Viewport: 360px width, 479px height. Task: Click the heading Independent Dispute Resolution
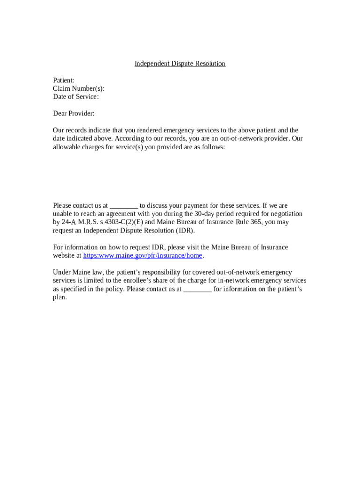point(180,64)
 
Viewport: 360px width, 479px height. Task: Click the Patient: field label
point(64,80)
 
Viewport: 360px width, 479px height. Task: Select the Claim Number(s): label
point(79,89)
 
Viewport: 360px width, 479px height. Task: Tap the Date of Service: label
point(76,97)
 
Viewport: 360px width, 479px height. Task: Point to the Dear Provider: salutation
point(73,114)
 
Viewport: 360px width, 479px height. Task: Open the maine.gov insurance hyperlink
point(143,255)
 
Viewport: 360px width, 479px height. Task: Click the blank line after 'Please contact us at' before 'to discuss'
point(124,206)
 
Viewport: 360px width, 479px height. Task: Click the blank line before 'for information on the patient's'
point(198,290)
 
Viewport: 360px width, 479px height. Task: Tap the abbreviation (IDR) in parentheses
point(185,231)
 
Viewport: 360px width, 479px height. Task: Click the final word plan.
point(60,298)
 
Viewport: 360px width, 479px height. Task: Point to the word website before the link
point(64,255)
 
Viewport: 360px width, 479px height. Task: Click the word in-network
point(236,281)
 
